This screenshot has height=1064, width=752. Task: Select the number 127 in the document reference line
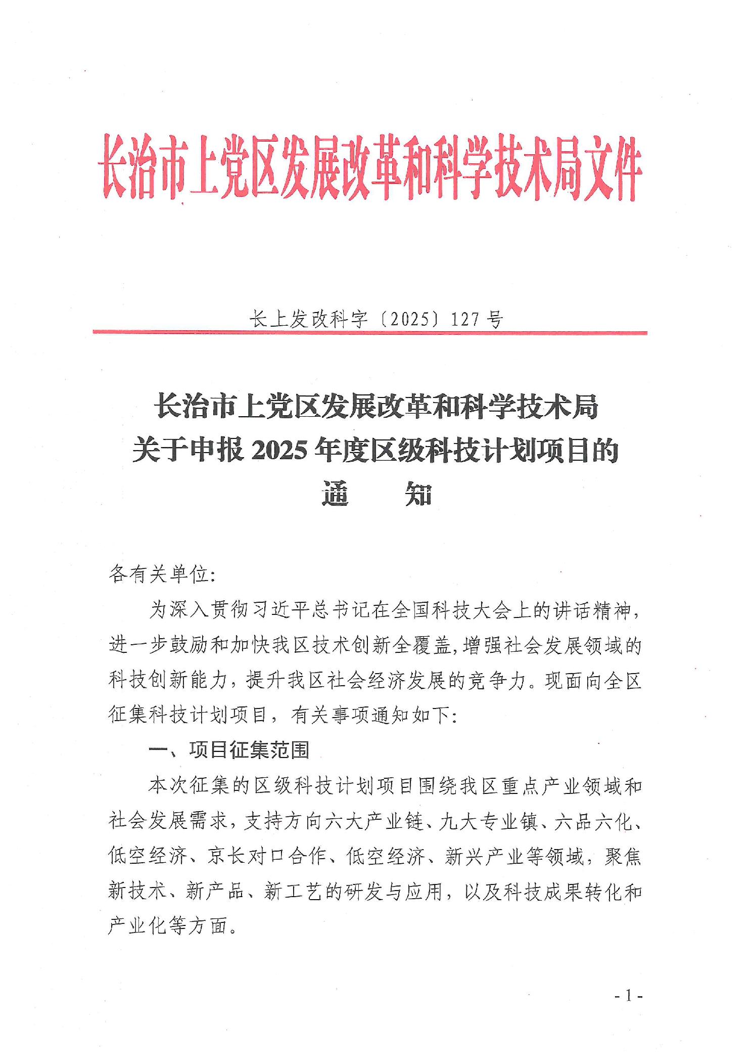[x=465, y=320]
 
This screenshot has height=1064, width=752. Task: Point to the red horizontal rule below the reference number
[x=369, y=333]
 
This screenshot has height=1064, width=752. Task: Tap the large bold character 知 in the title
[x=419, y=495]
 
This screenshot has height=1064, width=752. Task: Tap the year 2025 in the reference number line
[x=410, y=320]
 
